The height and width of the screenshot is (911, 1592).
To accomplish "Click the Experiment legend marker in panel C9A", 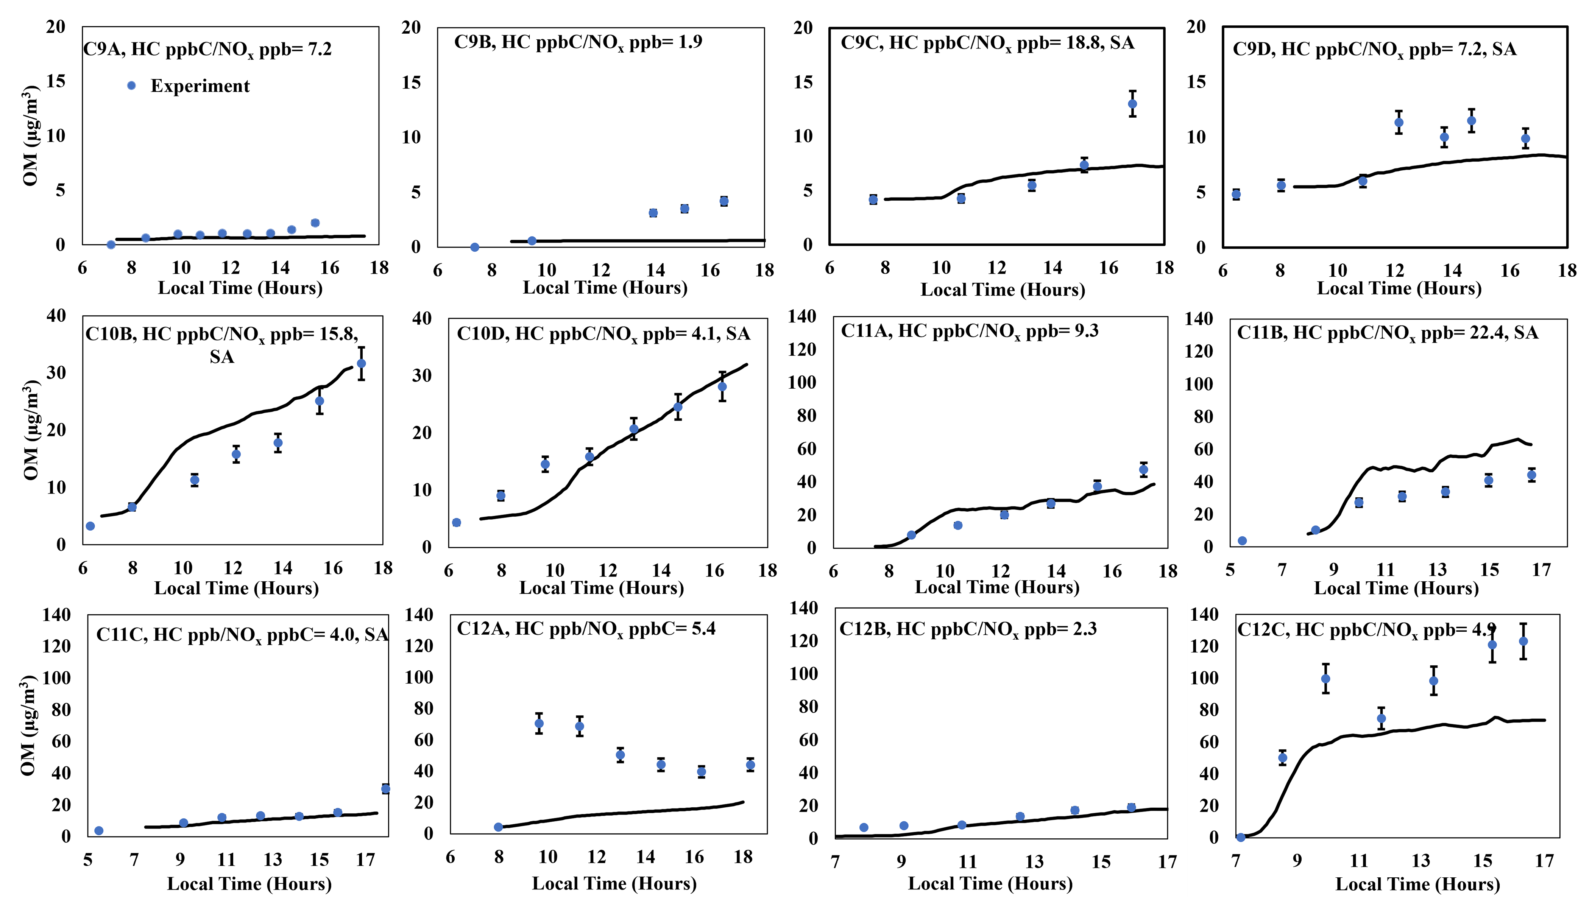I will [131, 86].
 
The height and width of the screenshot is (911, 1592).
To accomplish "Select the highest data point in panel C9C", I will [1132, 104].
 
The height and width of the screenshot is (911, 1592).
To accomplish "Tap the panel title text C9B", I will [578, 42].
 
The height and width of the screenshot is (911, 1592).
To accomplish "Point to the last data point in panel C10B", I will [361, 363].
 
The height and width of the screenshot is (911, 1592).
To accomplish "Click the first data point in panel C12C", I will [1240, 837].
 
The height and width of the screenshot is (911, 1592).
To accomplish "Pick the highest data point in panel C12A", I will [539, 723].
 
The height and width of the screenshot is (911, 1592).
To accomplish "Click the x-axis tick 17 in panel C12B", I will [1167, 862].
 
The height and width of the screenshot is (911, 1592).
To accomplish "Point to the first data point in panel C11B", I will [1242, 540].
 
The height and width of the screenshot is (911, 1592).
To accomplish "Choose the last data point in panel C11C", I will [385, 789].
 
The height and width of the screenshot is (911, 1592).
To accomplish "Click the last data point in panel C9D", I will [1526, 139].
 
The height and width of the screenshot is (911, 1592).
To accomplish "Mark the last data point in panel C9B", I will [724, 201].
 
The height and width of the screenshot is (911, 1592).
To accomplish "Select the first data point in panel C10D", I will [456, 522].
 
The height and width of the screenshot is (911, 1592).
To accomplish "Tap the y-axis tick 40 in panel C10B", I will [56, 316].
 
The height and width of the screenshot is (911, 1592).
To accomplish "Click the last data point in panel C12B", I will [1131, 807].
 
